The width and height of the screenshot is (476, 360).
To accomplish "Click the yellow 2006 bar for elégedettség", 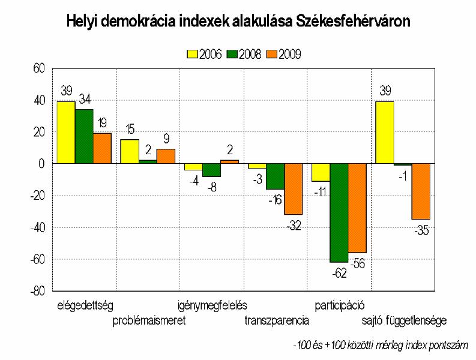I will (x=66, y=132).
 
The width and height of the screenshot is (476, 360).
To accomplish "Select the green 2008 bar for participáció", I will (x=339, y=212).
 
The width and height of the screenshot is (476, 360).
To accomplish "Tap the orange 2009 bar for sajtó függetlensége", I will (x=421, y=191).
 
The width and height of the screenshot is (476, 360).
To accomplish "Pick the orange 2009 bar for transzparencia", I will (x=294, y=188).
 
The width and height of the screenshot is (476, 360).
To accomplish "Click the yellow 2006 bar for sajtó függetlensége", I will (x=385, y=132).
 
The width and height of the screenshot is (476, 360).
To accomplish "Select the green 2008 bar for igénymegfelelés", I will (x=211, y=170).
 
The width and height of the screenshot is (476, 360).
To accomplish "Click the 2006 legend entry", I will (x=205, y=54).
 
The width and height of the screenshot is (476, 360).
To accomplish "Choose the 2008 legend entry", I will (x=243, y=54).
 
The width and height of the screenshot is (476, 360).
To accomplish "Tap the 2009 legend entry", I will (x=283, y=54).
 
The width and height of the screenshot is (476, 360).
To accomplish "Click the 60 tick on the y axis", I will (x=40, y=68).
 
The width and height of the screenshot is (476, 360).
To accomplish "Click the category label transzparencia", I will (x=277, y=320).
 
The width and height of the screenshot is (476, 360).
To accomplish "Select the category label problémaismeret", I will (x=149, y=320).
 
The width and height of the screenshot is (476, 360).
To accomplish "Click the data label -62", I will (x=339, y=273).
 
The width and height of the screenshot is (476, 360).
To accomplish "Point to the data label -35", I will (x=421, y=230).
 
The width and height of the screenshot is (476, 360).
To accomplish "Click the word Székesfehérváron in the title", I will (x=354, y=22).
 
